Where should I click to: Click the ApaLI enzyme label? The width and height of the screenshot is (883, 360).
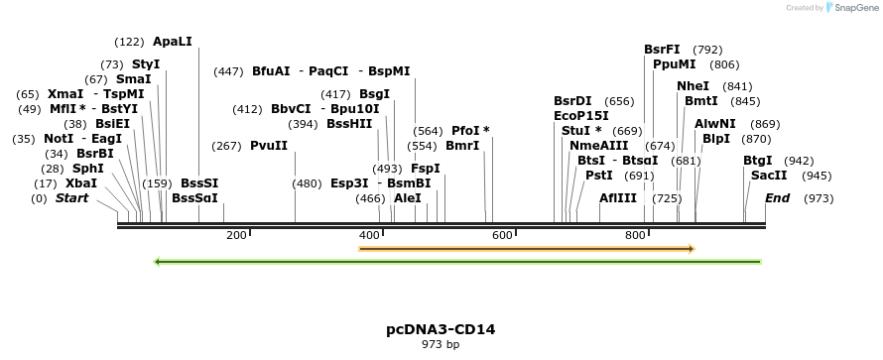(173, 42)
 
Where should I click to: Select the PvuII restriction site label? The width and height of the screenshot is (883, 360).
(269, 146)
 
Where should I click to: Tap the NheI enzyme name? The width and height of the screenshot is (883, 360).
(694, 86)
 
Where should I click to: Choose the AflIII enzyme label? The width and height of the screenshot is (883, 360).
(618, 198)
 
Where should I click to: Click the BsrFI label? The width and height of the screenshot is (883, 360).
(662, 50)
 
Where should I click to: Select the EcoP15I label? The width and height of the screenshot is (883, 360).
(581, 116)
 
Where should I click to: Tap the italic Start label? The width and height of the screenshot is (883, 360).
(71, 198)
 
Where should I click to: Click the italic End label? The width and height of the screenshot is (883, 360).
(778, 198)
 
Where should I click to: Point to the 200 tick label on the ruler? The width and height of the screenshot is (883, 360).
(236, 235)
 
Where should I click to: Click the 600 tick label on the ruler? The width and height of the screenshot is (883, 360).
(502, 235)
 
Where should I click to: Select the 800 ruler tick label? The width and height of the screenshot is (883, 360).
(635, 235)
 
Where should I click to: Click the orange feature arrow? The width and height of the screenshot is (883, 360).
(526, 249)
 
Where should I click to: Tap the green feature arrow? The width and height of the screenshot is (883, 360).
(456, 262)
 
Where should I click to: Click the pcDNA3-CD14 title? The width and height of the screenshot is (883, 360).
(440, 328)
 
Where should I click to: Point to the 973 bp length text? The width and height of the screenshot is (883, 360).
(440, 344)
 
